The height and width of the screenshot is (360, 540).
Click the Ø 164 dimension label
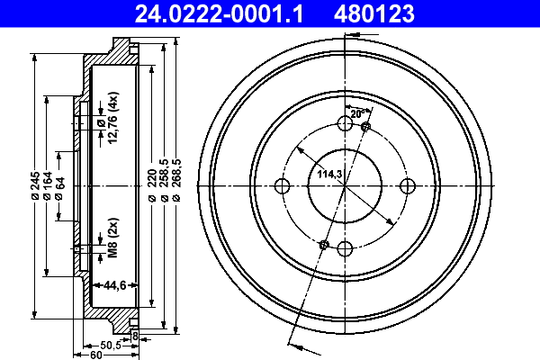click(x=48, y=186)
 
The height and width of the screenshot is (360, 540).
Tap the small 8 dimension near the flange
click(x=134, y=337)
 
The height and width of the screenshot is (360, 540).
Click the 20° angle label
click(x=356, y=114)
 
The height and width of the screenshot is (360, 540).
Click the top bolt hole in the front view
click(x=344, y=124)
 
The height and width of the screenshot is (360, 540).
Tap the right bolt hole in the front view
click(x=407, y=186)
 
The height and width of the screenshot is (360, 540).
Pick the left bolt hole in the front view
click(x=281, y=186)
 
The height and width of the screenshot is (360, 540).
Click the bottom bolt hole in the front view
click(x=344, y=249)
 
